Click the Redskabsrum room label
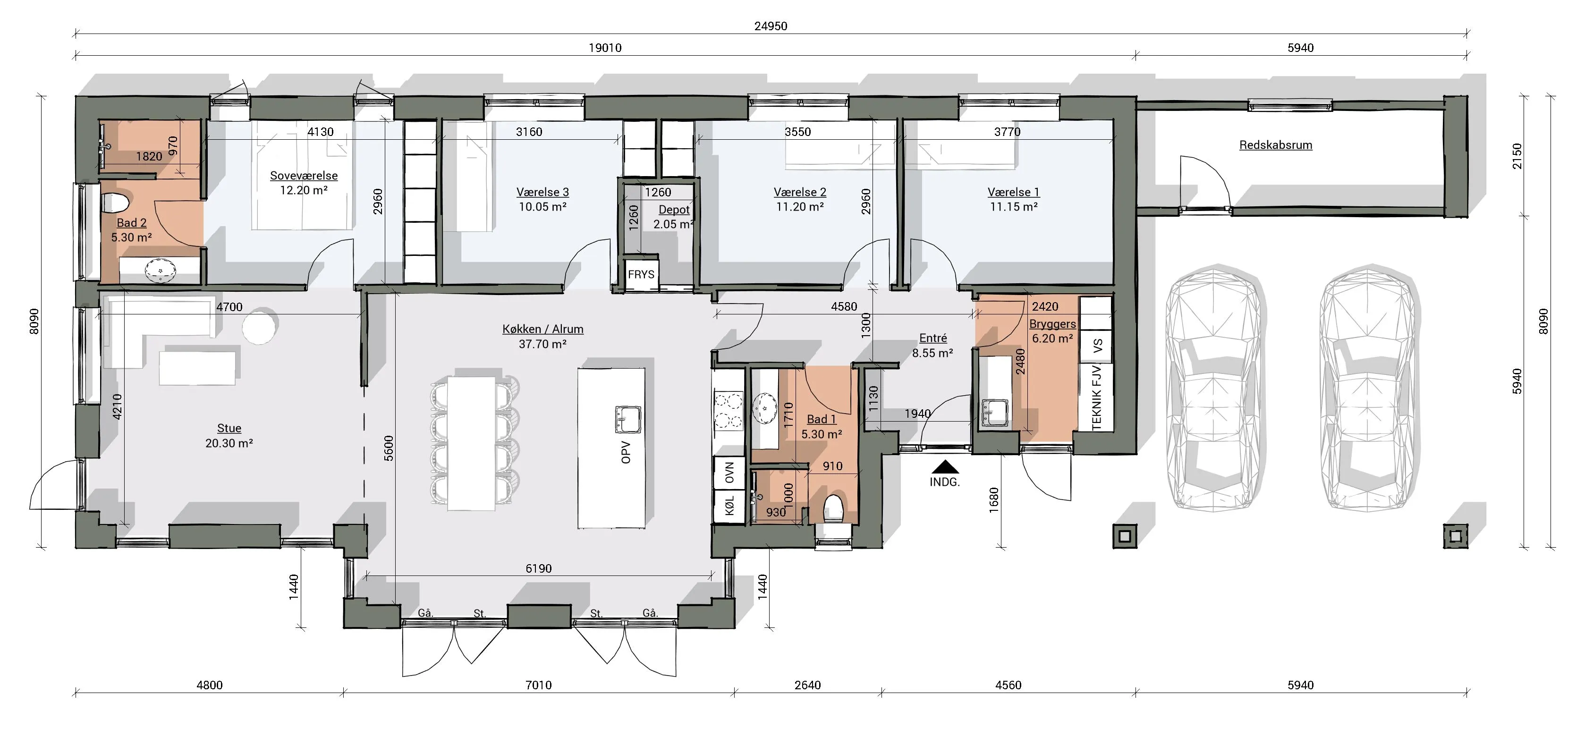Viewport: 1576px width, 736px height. [x=1276, y=145]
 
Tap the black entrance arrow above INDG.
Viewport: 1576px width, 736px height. [x=945, y=467]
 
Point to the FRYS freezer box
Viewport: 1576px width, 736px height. [x=641, y=274]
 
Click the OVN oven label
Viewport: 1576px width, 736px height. [x=729, y=472]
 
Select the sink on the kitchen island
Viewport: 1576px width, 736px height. [x=627, y=419]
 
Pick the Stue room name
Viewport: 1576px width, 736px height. [x=229, y=428]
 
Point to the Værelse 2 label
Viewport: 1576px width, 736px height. [x=800, y=192]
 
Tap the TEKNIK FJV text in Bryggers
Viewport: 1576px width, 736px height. [x=1096, y=397]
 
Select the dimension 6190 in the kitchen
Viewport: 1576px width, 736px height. [x=538, y=568]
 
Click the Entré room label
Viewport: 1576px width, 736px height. [x=933, y=338]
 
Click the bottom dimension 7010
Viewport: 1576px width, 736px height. [x=538, y=685]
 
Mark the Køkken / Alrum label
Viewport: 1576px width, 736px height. [x=542, y=329]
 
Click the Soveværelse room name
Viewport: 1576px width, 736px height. [x=304, y=176]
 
